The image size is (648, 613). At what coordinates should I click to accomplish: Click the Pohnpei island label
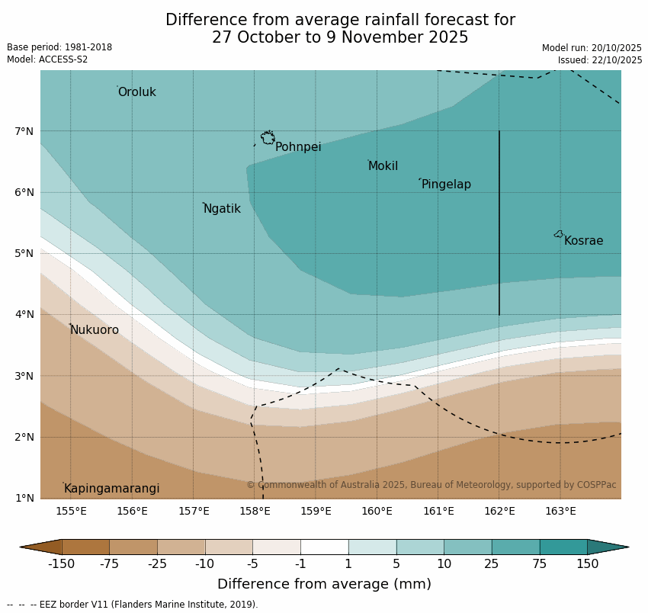tap(298, 147)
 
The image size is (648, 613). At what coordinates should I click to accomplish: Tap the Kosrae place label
tap(583, 241)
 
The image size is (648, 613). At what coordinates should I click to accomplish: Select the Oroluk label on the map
tap(136, 92)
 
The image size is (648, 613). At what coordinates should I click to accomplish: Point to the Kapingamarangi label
tap(111, 489)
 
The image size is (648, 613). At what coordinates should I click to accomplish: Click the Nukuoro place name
tap(95, 330)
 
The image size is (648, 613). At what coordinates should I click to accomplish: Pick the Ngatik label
tap(222, 209)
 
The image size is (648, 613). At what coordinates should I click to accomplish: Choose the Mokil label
tap(383, 166)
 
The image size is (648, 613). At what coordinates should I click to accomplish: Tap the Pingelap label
tap(446, 185)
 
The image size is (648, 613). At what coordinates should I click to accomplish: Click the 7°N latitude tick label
tap(24, 131)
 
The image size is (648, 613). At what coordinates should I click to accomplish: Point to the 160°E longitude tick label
tap(377, 511)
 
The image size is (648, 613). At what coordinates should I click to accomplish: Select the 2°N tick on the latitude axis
tap(24, 437)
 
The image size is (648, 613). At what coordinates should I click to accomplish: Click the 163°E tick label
tap(560, 511)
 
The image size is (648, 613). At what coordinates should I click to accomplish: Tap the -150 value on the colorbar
tap(61, 564)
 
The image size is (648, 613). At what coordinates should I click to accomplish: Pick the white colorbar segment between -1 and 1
tap(324, 547)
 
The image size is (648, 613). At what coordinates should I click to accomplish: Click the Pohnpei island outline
tap(268, 138)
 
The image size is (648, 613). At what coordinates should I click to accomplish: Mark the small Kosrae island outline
tap(559, 234)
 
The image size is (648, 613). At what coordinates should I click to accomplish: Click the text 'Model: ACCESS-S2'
tap(47, 59)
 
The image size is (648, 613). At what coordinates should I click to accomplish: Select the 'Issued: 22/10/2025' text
tap(599, 60)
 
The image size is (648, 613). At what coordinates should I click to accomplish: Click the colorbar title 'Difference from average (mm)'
tap(324, 584)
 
